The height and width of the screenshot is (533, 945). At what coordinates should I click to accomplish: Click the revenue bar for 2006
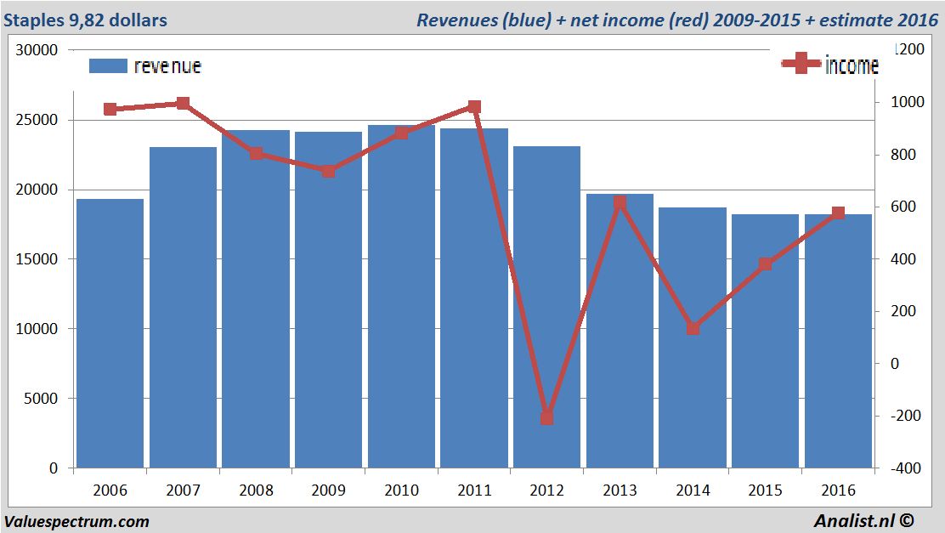click(x=110, y=333)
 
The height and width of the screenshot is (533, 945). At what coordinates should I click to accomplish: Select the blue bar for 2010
click(x=401, y=297)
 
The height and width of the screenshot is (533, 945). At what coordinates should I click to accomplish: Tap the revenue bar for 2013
click(x=620, y=331)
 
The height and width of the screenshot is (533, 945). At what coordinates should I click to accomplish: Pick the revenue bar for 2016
click(x=838, y=341)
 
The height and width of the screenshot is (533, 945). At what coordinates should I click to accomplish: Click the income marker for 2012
click(x=546, y=418)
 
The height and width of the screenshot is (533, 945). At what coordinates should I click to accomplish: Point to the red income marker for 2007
click(x=183, y=104)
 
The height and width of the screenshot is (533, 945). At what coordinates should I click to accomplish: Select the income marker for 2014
click(x=693, y=328)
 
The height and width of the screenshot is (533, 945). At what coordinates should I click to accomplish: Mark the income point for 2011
click(x=474, y=107)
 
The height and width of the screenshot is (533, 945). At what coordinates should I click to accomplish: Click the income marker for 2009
click(x=329, y=171)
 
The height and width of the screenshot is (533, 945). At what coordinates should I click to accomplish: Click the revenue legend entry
click(x=145, y=65)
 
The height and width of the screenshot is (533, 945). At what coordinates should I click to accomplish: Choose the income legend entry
click(x=829, y=65)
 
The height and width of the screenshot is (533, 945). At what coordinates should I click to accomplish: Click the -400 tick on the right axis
click(x=903, y=468)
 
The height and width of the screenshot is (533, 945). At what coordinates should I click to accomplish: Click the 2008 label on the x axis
click(x=256, y=491)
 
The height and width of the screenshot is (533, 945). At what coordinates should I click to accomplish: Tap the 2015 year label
click(x=765, y=491)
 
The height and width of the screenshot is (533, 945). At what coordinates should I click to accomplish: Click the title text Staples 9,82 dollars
click(x=85, y=20)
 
